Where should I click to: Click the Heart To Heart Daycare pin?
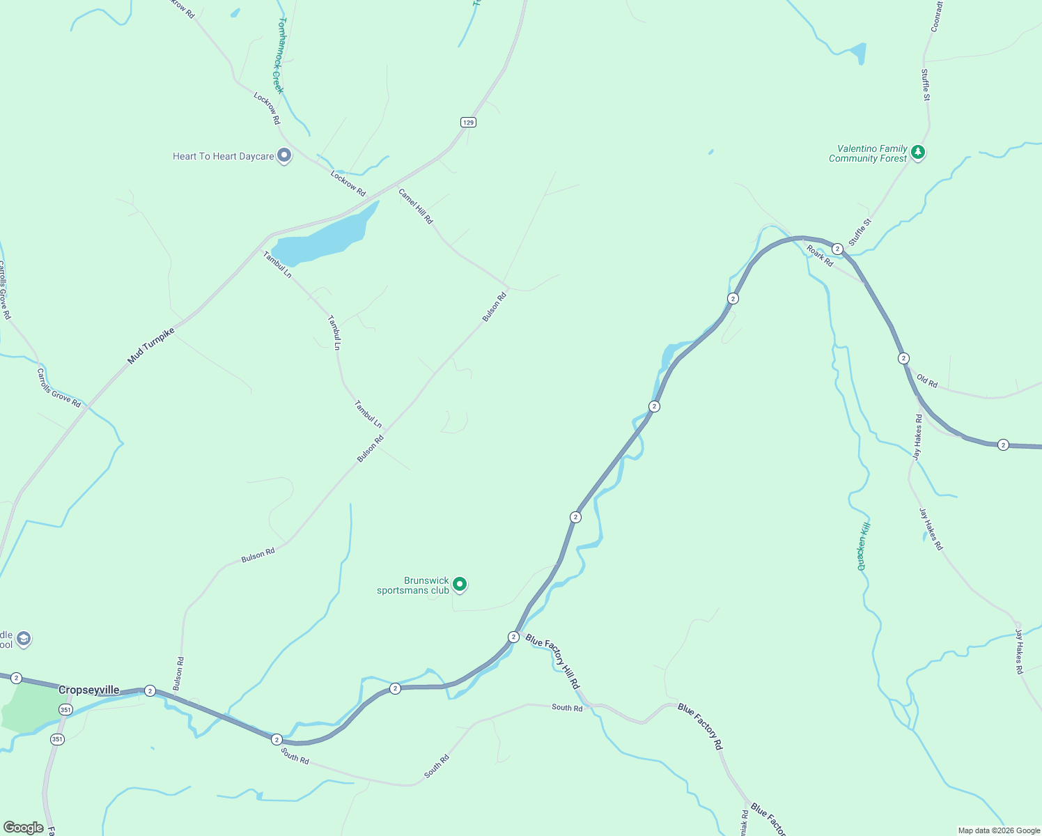[283, 155]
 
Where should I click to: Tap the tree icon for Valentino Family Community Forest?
[918, 152]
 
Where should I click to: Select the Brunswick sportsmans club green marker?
[460, 584]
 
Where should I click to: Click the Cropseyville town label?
[88, 690]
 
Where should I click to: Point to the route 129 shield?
[468, 123]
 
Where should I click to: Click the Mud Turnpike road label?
[150, 346]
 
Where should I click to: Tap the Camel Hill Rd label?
[416, 206]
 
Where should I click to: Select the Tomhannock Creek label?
[279, 56]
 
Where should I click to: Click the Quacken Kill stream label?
[864, 546]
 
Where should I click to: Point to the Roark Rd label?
[820, 256]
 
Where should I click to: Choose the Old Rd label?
[927, 380]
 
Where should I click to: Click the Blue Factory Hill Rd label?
[552, 662]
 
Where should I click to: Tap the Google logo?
[23, 828]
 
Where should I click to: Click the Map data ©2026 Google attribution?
[999, 830]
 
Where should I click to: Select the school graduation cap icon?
[24, 639]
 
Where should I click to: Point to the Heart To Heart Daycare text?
[224, 156]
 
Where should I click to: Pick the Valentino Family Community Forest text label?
[869, 153]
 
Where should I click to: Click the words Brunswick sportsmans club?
[413, 585]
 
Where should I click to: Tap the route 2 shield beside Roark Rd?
[837, 249]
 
